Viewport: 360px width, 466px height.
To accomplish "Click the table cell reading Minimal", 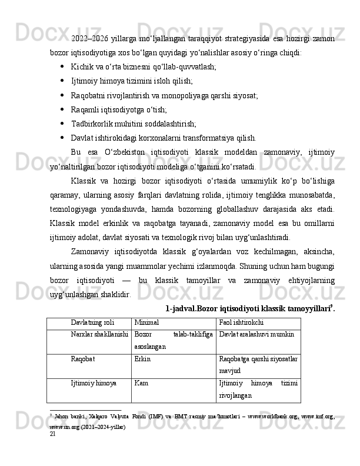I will click(x=146, y=323).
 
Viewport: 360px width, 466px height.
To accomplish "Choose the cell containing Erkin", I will click(x=142, y=358).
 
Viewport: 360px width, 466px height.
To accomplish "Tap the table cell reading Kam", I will click(x=141, y=383).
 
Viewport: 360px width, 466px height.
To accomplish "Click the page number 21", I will click(x=53, y=450).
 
